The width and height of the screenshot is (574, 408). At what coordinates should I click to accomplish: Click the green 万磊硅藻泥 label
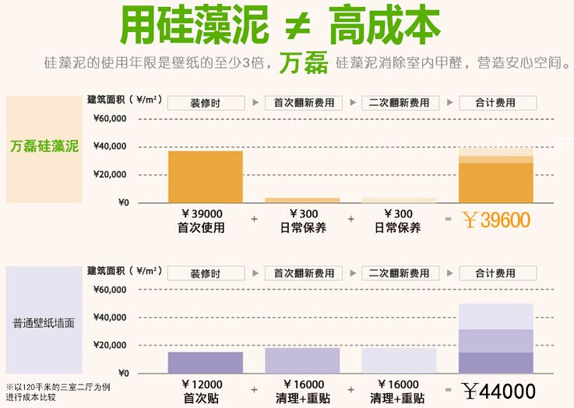pyautogui.click(x=44, y=146)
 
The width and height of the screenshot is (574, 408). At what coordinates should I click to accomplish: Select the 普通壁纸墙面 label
pyautogui.click(x=44, y=322)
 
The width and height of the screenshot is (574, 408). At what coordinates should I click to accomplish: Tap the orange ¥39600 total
pyautogui.click(x=495, y=220)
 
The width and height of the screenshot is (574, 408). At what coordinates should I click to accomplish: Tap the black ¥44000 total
pyautogui.click(x=498, y=391)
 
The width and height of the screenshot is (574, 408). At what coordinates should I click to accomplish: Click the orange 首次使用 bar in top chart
pyautogui.click(x=205, y=177)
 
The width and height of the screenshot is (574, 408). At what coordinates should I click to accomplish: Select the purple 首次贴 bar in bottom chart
pyautogui.click(x=205, y=362)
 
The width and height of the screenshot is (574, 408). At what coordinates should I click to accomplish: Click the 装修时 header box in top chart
pyautogui.click(x=205, y=103)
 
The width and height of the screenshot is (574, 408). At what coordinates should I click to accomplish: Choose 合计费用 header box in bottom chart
pyautogui.click(x=497, y=273)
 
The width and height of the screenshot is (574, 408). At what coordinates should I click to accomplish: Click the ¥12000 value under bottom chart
pyautogui.click(x=202, y=385)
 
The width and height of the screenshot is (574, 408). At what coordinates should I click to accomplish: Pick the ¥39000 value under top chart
pyautogui.click(x=202, y=214)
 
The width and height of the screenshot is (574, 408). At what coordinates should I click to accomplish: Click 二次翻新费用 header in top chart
pyautogui.click(x=400, y=103)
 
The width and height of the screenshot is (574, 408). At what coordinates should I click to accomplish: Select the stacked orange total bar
pyautogui.click(x=495, y=176)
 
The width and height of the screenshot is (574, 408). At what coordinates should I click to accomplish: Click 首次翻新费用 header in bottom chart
pyautogui.click(x=303, y=273)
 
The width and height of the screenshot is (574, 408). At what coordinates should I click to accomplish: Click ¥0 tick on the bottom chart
pyautogui.click(x=122, y=373)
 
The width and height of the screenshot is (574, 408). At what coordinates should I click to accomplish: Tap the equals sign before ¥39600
pyautogui.click(x=448, y=220)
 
